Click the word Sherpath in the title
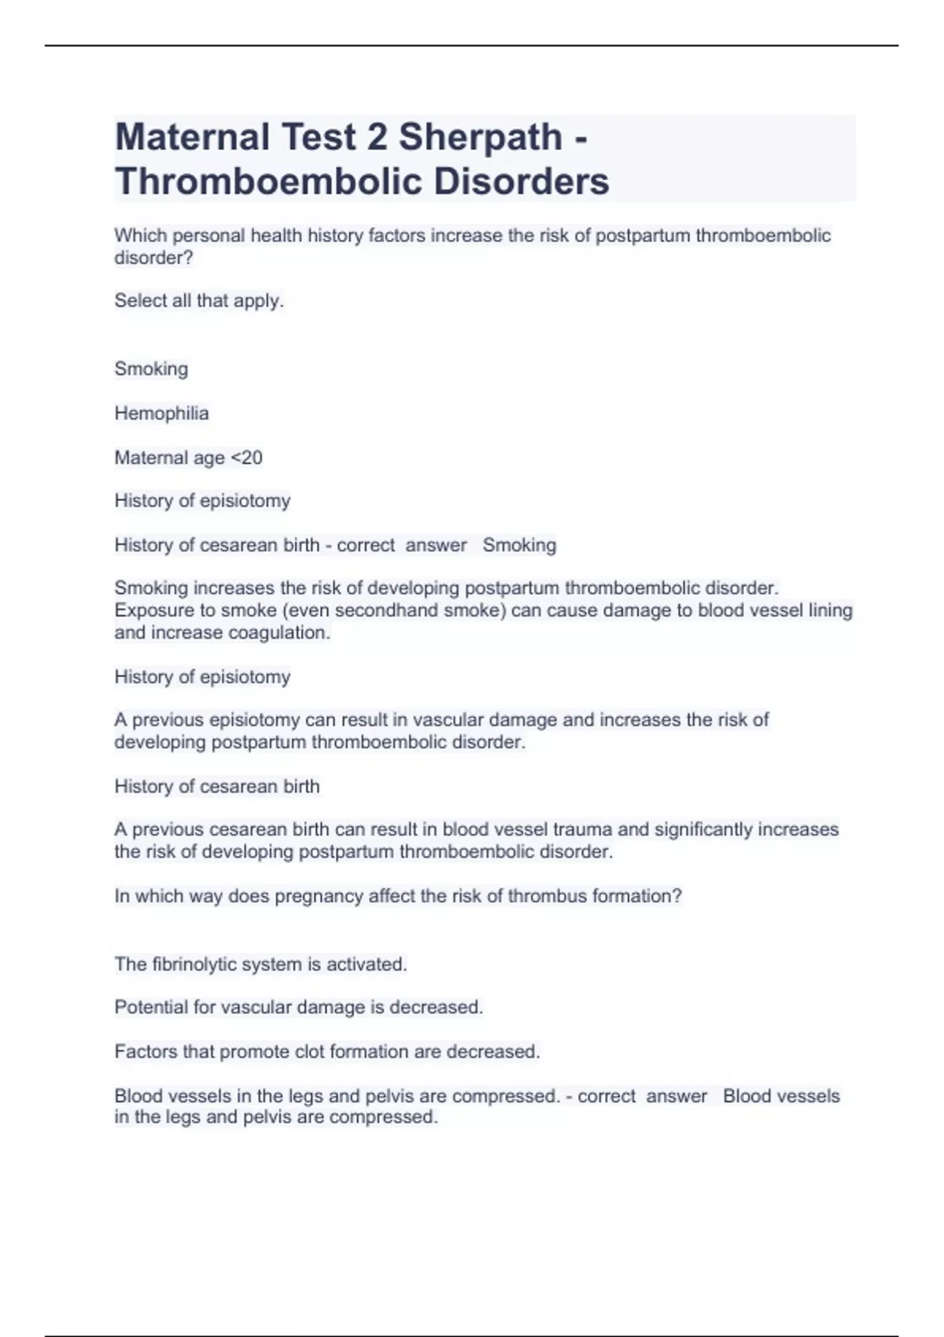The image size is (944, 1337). (x=480, y=138)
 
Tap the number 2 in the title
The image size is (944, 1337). (x=377, y=138)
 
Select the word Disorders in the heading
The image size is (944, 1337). (x=521, y=182)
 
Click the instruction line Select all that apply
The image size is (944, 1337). (x=199, y=300)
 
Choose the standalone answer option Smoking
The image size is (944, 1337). (x=151, y=369)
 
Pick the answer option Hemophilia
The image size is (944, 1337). (x=161, y=414)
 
